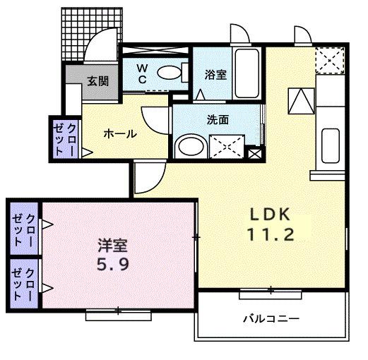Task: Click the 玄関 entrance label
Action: (98, 81)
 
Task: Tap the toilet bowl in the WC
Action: (168, 72)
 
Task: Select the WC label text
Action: (142, 73)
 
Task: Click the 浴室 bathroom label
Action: (215, 73)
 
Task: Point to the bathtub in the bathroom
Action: (247, 71)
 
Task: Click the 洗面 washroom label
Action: (218, 119)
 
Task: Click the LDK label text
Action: (268, 215)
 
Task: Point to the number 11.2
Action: (269, 235)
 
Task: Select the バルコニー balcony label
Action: (271, 318)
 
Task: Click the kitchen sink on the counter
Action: (329, 145)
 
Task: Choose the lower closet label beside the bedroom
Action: (24, 284)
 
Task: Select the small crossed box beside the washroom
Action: (255, 152)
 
